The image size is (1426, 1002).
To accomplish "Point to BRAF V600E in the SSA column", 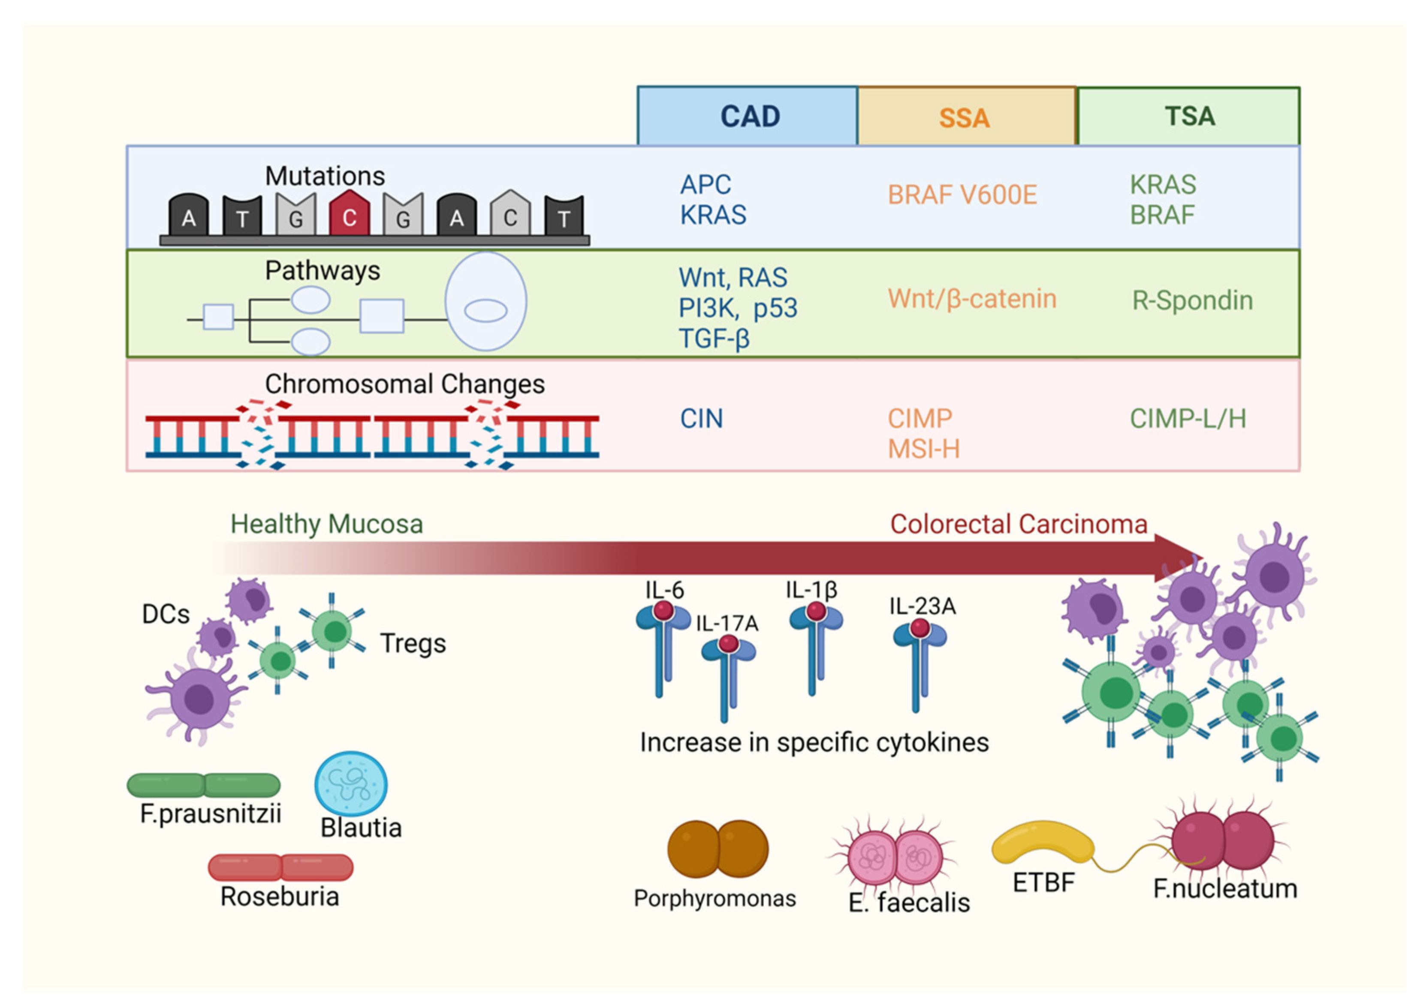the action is pyautogui.click(x=962, y=195).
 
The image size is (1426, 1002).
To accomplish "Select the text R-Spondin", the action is pyautogui.click(x=1192, y=300).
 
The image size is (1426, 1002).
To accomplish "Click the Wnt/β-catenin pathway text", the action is pyautogui.click(x=972, y=299).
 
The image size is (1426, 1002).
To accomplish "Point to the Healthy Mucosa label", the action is pyautogui.click(x=327, y=524).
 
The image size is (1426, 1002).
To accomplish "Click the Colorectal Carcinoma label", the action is pyautogui.click(x=1019, y=524).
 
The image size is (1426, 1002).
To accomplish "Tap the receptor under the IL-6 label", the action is pyautogui.click(x=663, y=649).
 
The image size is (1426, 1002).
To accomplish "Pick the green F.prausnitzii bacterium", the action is pyautogui.click(x=204, y=785).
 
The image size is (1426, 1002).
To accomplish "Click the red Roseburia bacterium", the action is pyautogui.click(x=281, y=867).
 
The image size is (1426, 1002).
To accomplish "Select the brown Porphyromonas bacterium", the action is pyautogui.click(x=718, y=849).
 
